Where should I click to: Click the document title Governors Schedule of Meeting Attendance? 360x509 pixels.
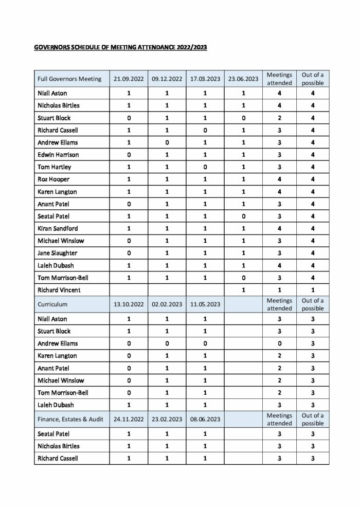click(x=120, y=48)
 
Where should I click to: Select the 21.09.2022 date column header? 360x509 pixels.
click(x=128, y=79)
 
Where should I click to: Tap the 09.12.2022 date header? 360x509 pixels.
click(x=167, y=79)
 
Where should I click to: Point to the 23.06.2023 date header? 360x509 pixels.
click(x=243, y=79)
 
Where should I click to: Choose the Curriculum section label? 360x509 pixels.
click(x=52, y=304)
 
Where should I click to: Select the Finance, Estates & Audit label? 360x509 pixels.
click(x=71, y=419)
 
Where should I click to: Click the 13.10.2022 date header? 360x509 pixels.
click(x=128, y=304)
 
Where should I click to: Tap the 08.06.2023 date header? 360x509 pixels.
click(x=205, y=419)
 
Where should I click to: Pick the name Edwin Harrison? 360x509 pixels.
click(x=58, y=155)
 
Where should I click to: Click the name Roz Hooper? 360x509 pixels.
click(x=53, y=179)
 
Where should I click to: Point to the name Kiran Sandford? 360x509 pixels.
click(x=59, y=228)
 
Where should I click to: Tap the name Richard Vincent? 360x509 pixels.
click(x=59, y=290)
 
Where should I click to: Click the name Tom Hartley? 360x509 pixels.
click(x=55, y=167)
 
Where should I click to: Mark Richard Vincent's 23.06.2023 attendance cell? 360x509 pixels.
click(x=243, y=290)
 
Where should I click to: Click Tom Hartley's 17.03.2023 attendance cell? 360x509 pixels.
click(x=205, y=167)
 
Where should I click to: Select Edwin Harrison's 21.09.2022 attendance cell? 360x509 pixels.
click(x=128, y=155)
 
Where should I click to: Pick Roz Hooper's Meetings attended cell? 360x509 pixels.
click(x=279, y=179)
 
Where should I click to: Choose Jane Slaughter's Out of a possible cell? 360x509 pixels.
click(x=313, y=253)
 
